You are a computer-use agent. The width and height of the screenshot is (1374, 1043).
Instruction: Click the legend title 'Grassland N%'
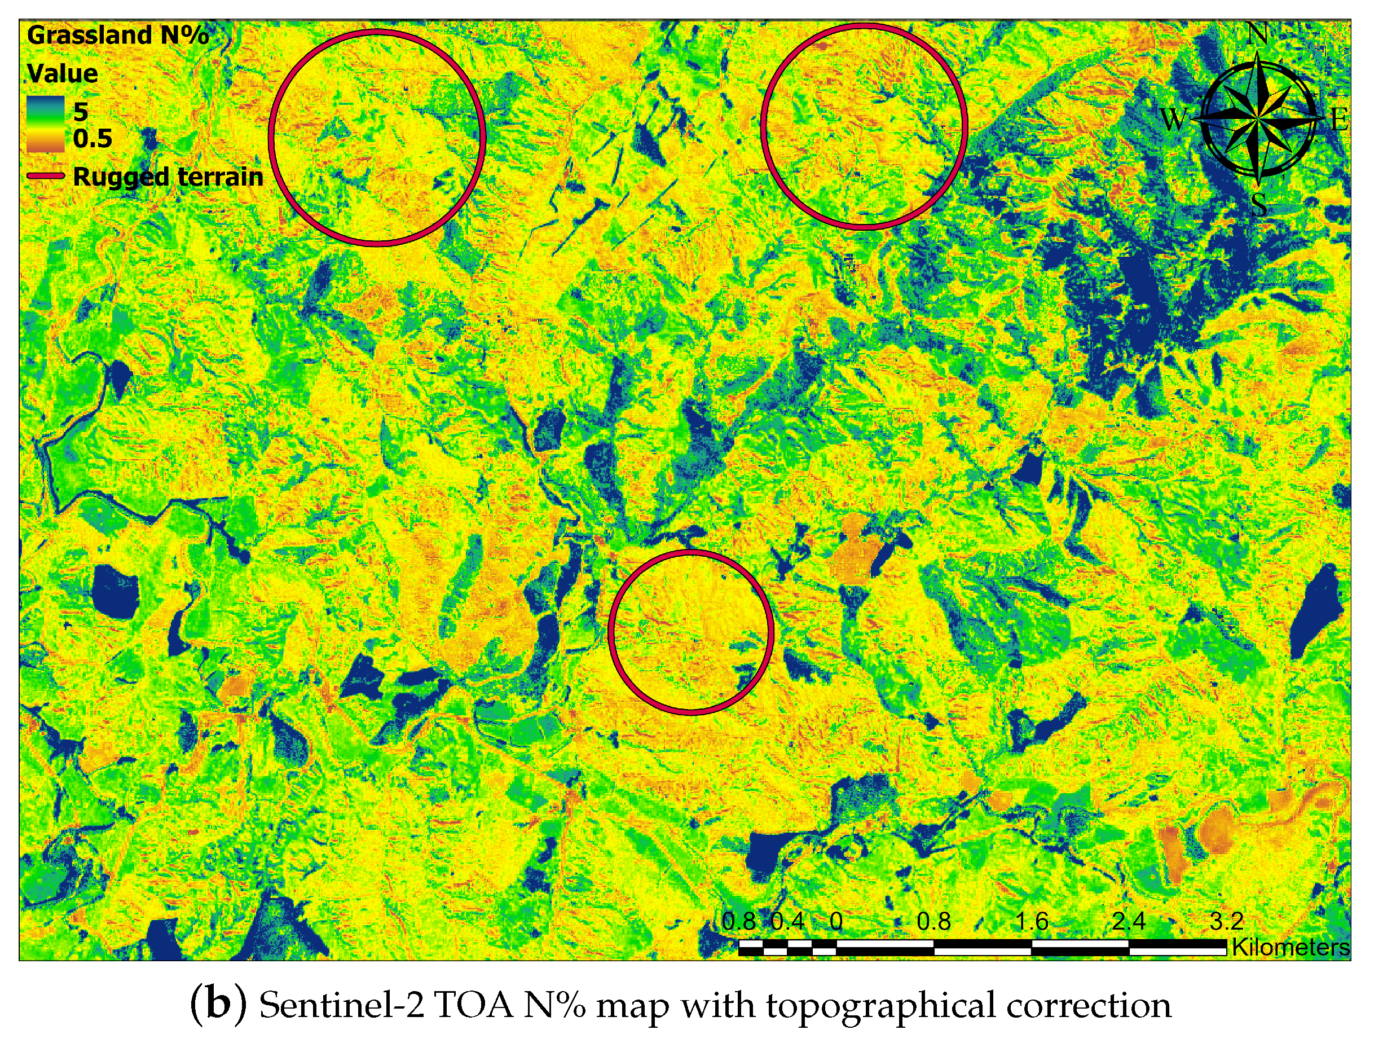pos(118,35)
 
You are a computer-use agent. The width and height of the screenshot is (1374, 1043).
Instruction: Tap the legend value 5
pos(81,112)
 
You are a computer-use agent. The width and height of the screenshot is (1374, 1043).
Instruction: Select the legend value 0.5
pos(93,139)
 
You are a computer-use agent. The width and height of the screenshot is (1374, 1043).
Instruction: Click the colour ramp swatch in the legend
pos(45,124)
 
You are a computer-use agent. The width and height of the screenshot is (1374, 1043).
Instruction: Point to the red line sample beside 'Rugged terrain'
pos(45,177)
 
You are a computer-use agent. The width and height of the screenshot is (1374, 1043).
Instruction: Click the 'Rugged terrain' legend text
pos(168,177)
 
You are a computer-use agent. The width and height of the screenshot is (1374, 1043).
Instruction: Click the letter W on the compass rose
pos(1173,118)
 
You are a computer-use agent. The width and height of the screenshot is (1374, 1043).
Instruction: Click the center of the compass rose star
pos(1257,118)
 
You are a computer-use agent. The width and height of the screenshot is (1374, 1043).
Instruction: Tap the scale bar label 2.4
pos(1128,921)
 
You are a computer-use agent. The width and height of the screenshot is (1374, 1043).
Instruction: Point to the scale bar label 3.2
pos(1226,921)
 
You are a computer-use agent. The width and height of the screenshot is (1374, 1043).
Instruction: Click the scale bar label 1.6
pos(1031,921)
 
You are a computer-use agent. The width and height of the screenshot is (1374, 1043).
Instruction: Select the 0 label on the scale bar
pos(836,921)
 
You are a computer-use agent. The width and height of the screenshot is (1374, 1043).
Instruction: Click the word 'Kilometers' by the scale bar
pos(1291,947)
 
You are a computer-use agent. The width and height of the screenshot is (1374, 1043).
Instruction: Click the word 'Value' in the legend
pos(63,74)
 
